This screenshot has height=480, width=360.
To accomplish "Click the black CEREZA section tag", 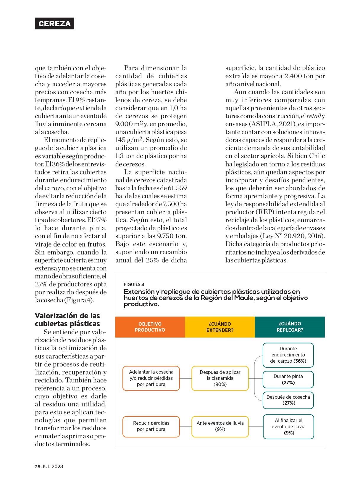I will click(x=54, y=24).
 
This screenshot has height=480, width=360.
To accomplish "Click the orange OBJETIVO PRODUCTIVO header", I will click(x=150, y=327).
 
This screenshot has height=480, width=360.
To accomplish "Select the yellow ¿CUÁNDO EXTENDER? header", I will click(x=220, y=327).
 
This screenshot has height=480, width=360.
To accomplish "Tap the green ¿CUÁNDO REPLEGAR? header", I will click(x=290, y=327).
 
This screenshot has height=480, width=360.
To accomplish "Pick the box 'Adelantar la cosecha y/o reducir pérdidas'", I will click(x=151, y=378).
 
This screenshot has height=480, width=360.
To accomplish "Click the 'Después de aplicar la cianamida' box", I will click(x=220, y=378).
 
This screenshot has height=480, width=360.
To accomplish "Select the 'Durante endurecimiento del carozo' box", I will click(x=288, y=355).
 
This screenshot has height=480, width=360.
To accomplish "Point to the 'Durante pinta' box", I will click(x=288, y=380).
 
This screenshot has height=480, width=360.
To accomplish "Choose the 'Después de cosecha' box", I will click(x=288, y=400).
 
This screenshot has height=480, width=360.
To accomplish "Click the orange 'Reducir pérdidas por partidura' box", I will click(x=151, y=426).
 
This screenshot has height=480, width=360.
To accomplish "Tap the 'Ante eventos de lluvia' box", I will click(x=220, y=426).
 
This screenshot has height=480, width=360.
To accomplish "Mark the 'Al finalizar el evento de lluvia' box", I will click(x=288, y=427).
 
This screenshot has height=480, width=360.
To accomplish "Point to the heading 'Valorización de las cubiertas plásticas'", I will click(x=67, y=320).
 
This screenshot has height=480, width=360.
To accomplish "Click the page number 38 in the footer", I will click(x=37, y=467).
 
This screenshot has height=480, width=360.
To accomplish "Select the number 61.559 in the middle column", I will click(x=177, y=188).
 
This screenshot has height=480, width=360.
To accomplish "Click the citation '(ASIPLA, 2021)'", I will click(x=269, y=124).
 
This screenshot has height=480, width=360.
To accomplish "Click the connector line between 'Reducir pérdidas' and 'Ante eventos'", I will click(x=185, y=427).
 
